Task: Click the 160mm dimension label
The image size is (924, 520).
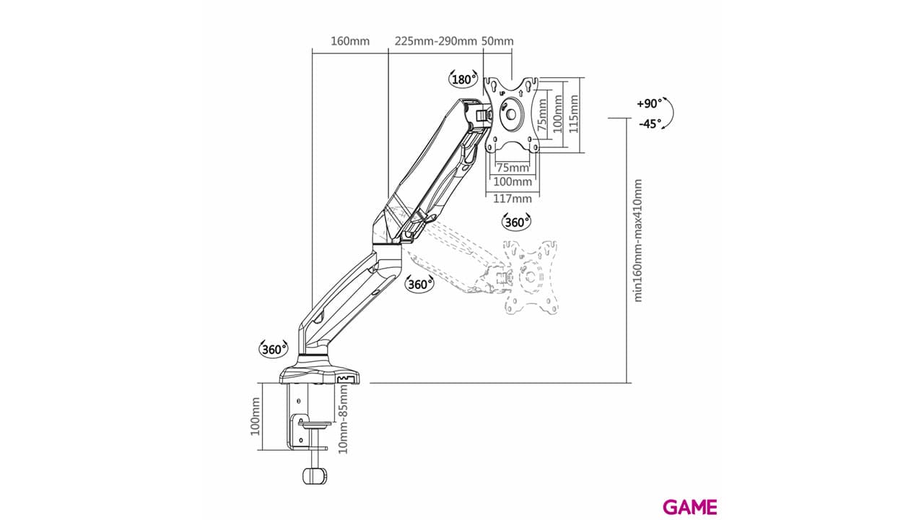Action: (x=350, y=41)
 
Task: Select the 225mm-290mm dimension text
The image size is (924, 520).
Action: (x=435, y=41)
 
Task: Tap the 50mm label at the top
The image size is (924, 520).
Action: (x=497, y=41)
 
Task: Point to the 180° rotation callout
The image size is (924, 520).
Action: (x=463, y=79)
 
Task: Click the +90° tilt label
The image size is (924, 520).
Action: (x=649, y=103)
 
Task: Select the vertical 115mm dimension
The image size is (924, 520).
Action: (x=573, y=114)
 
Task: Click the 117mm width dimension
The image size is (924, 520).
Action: (x=513, y=199)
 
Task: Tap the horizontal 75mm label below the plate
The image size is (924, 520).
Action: (x=513, y=168)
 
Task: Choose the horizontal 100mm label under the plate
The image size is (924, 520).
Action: (x=513, y=181)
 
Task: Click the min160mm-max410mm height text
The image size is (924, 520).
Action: (x=637, y=240)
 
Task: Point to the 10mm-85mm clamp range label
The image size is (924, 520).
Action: (x=343, y=419)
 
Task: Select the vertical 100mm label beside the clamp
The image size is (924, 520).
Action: (x=256, y=417)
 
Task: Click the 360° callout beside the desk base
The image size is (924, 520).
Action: (x=273, y=349)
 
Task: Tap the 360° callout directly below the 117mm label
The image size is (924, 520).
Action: (x=516, y=222)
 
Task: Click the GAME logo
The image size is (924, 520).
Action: (x=690, y=507)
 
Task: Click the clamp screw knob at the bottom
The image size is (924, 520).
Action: (x=314, y=475)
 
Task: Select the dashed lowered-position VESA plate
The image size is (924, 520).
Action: (x=530, y=277)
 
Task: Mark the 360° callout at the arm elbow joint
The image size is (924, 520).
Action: (x=419, y=284)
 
